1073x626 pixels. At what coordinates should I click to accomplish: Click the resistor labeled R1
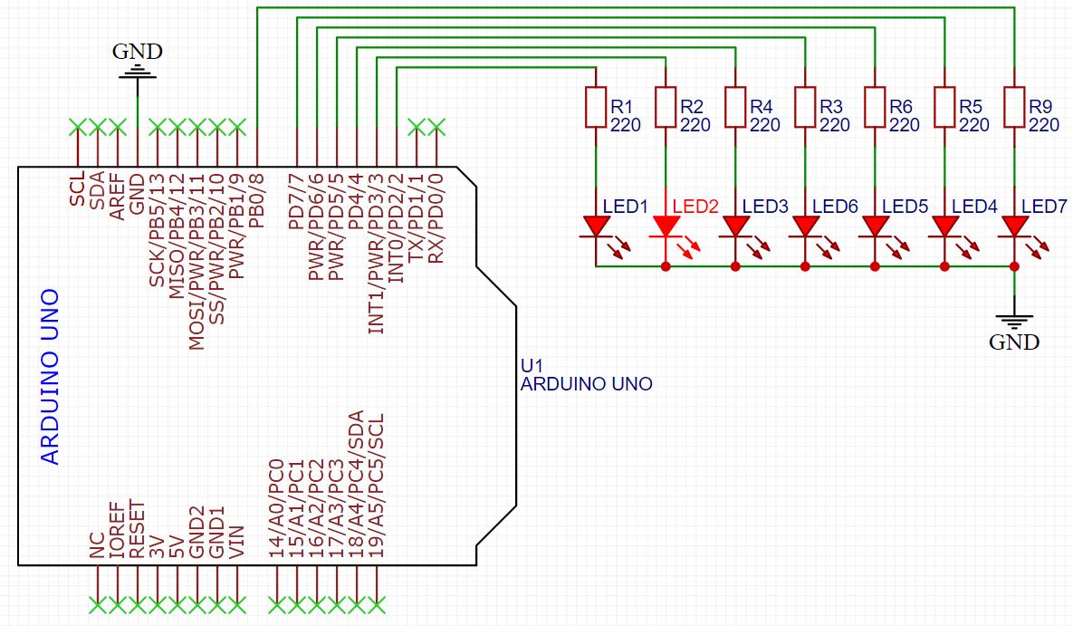click(595, 107)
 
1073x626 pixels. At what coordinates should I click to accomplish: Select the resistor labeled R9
click(1014, 107)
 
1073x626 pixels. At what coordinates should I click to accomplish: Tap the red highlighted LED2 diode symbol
click(666, 226)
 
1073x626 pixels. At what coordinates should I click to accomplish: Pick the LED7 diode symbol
click(1014, 226)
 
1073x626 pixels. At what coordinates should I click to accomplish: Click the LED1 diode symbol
click(595, 226)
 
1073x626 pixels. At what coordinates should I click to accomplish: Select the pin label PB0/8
click(258, 198)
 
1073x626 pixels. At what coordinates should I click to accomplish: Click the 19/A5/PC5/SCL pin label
click(378, 485)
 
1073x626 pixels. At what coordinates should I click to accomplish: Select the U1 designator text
click(532, 365)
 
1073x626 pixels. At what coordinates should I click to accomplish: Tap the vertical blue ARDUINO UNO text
click(51, 377)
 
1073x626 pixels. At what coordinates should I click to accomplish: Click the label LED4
click(976, 207)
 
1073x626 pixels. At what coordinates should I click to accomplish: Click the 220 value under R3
click(834, 125)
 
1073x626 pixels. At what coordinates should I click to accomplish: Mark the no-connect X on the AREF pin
click(117, 125)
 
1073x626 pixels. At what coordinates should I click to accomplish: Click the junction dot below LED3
click(735, 266)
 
